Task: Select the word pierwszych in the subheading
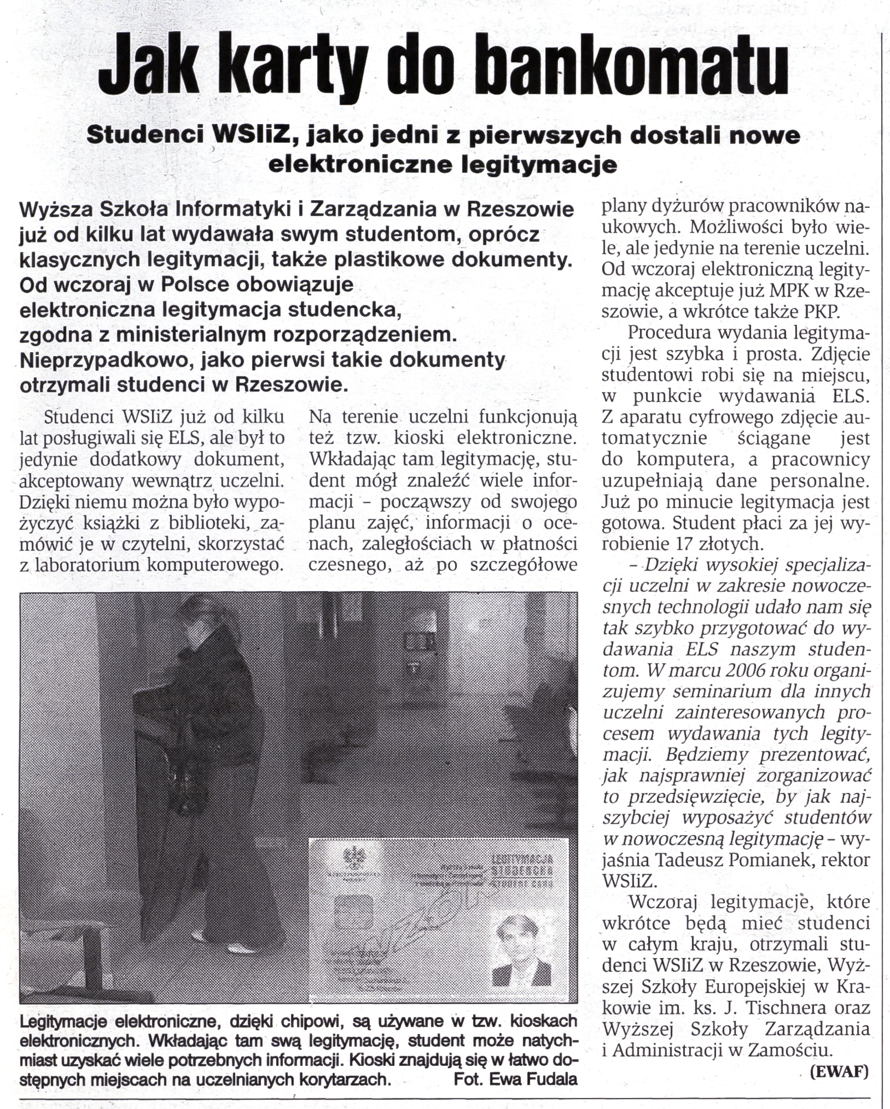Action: pyautogui.click(x=538, y=136)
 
